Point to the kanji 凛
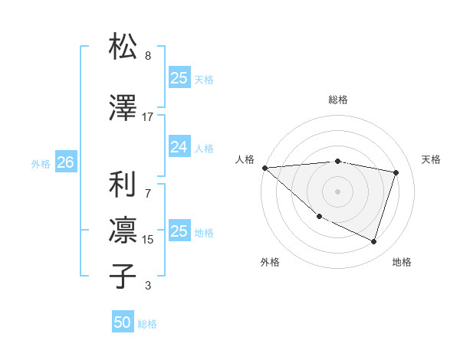pyautogui.click(x=123, y=230)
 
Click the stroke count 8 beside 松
pyautogui.click(x=148, y=57)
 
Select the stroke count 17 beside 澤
pyautogui.click(x=148, y=117)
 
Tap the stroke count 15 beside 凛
pyautogui.click(x=148, y=240)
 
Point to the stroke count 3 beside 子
pyautogui.click(x=148, y=286)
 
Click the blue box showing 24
pyautogui.click(x=179, y=147)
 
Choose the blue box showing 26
pyautogui.click(x=65, y=162)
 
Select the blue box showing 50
pyautogui.click(x=123, y=322)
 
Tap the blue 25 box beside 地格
pyautogui.click(x=179, y=231)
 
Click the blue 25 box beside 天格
pyautogui.click(x=179, y=78)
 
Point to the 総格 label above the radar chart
pyautogui.click(x=338, y=100)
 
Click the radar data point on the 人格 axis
pyautogui.click(x=264, y=167)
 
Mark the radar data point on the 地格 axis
pyautogui.click(x=373, y=242)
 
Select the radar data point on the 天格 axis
pyautogui.click(x=396, y=172)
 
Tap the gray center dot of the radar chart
pyautogui.click(x=338, y=191)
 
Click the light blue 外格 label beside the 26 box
pyautogui.click(x=41, y=163)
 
